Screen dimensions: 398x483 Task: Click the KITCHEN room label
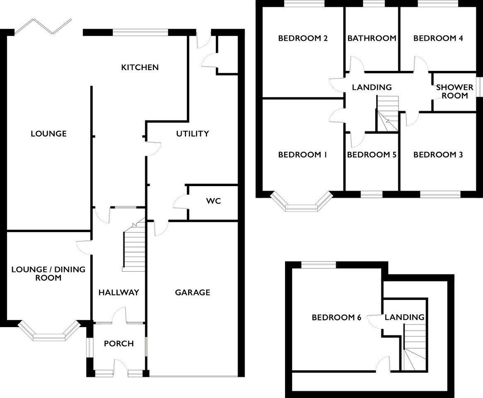click(140, 67)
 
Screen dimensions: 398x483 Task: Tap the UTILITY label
click(192, 134)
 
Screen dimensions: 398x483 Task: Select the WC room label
click(213, 201)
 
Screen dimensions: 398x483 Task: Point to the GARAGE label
click(192, 293)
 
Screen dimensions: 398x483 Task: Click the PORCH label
click(118, 344)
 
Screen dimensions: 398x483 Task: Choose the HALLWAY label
click(118, 293)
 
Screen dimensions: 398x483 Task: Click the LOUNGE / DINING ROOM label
click(48, 274)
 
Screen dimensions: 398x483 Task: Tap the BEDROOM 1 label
click(302, 155)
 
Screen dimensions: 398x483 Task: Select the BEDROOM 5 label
click(372, 155)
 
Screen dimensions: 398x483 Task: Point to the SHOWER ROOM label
click(454, 92)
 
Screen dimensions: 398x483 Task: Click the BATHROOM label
click(372, 39)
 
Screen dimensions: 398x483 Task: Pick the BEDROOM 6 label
click(336, 318)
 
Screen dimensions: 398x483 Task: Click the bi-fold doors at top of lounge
click(43, 26)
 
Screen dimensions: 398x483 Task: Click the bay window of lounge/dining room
click(48, 332)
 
